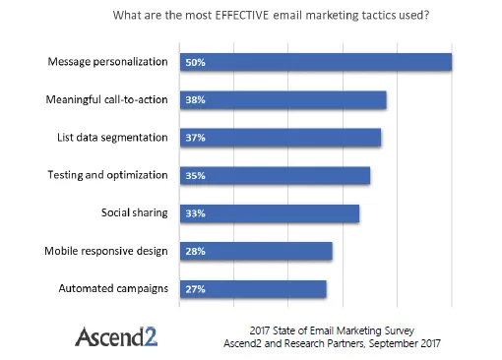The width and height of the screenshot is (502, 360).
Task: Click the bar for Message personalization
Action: point(315,62)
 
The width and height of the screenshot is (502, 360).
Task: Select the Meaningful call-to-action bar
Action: point(282,100)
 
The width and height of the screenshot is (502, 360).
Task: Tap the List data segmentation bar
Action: point(280,138)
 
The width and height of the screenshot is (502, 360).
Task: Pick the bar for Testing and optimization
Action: point(275,175)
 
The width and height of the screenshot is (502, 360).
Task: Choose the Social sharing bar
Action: point(269,212)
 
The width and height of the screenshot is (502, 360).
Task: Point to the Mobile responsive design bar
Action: point(256,251)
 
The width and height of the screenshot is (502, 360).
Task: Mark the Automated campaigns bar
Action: point(253,288)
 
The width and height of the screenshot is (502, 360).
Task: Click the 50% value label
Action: point(195,62)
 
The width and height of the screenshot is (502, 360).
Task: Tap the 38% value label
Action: point(195,100)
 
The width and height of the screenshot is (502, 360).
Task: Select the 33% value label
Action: point(195,213)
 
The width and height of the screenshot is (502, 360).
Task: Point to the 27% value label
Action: point(195,289)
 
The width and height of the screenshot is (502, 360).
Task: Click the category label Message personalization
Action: point(107,62)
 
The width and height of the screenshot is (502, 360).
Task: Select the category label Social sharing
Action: point(135,212)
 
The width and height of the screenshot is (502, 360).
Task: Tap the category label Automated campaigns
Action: point(114,288)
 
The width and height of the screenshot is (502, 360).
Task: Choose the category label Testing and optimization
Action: point(108,175)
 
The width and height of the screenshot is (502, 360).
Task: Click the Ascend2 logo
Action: point(116,335)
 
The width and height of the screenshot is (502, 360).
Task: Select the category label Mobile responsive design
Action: point(106,251)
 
